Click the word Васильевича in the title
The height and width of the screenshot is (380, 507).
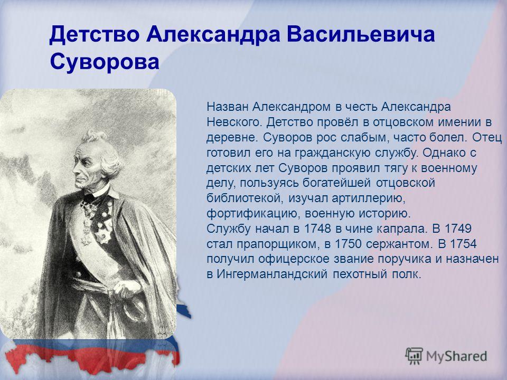[361, 35]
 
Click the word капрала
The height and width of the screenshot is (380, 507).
[401, 229]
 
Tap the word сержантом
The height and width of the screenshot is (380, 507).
[399, 244]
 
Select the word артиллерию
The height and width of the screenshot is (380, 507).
[368, 198]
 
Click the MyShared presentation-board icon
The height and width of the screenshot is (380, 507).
[414, 356]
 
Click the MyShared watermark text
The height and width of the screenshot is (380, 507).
[456, 356]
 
